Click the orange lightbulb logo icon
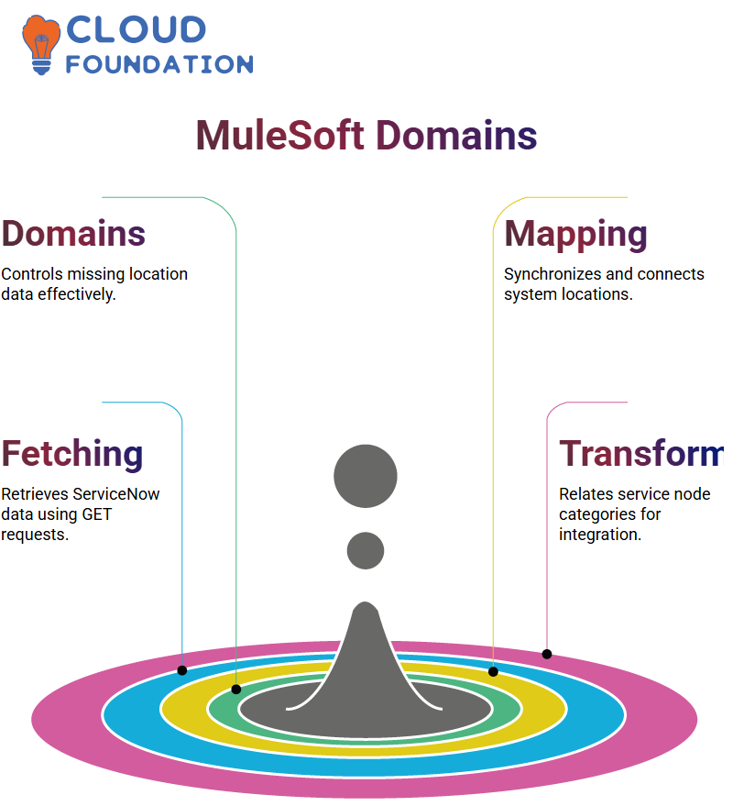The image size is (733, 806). tap(41, 45)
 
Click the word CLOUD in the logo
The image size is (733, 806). tap(137, 30)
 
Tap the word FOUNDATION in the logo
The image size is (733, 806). tap(159, 64)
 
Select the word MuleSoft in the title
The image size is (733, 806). tap(280, 135)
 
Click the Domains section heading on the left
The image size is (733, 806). tap(73, 234)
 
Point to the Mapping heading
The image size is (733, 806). tap(575, 235)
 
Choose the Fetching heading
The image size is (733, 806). tap(72, 454)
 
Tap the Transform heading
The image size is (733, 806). tap(642, 453)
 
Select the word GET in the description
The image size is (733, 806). tap(96, 514)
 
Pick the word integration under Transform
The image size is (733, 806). tap(600, 535)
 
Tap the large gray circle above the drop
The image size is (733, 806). tap(366, 476)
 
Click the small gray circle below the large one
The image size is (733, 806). tap(366, 550)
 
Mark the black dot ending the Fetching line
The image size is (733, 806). tap(181, 670)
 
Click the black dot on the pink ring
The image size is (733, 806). tap(547, 655)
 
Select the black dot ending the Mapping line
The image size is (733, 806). tap(493, 671)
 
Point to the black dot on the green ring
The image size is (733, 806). tap(236, 690)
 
